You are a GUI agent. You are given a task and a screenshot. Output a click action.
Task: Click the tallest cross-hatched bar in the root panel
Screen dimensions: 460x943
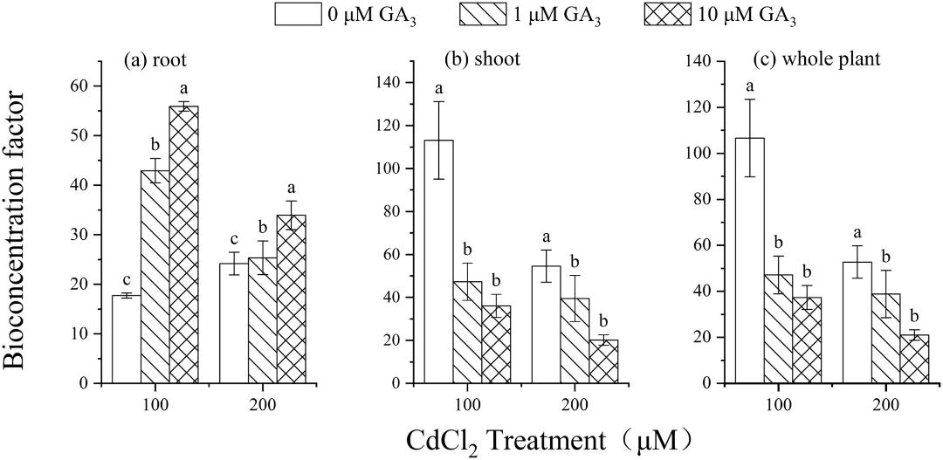183,244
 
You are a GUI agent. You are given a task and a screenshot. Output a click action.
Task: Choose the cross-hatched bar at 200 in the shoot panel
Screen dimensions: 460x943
603,361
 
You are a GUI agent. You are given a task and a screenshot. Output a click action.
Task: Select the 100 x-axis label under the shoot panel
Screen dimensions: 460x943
468,405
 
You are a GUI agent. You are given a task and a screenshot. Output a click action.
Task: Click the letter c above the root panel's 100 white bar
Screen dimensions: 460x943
127,280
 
